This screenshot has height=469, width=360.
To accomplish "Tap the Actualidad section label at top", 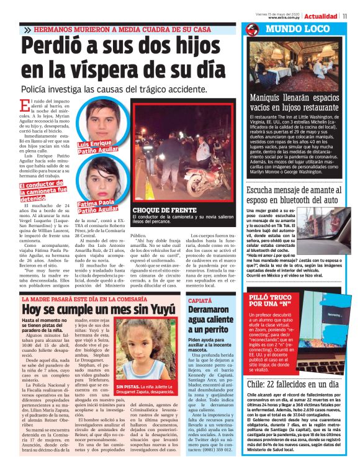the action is [x=323, y=16].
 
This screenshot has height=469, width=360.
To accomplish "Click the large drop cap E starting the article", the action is [x=25, y=105].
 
